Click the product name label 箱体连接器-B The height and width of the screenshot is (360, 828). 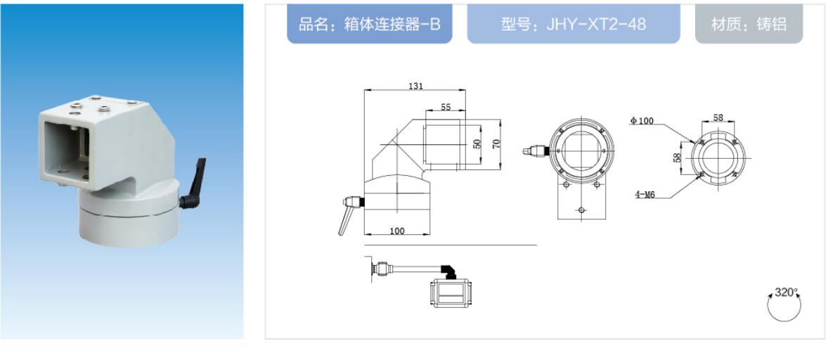tap(369, 25)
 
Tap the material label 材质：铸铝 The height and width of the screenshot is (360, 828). tap(749, 25)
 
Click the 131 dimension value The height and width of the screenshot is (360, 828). tap(416, 86)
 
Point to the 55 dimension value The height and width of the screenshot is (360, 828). tap(446, 107)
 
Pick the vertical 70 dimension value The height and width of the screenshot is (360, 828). tap(496, 143)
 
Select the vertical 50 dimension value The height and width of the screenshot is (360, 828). tap(477, 143)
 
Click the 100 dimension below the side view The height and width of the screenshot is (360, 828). tap(396, 231)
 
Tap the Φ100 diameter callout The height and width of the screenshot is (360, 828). tap(642, 121)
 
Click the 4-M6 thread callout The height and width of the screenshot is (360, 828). tap(645, 194)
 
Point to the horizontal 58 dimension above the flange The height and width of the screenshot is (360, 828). tap(718, 117)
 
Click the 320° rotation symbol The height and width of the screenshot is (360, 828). tap(784, 304)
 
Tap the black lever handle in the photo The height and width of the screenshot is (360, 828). tap(193, 184)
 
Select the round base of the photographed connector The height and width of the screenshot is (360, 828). tap(130, 217)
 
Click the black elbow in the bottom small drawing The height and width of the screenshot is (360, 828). tap(448, 271)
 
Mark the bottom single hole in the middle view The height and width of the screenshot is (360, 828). tap(581, 210)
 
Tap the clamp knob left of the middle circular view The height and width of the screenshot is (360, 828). tap(535, 151)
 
